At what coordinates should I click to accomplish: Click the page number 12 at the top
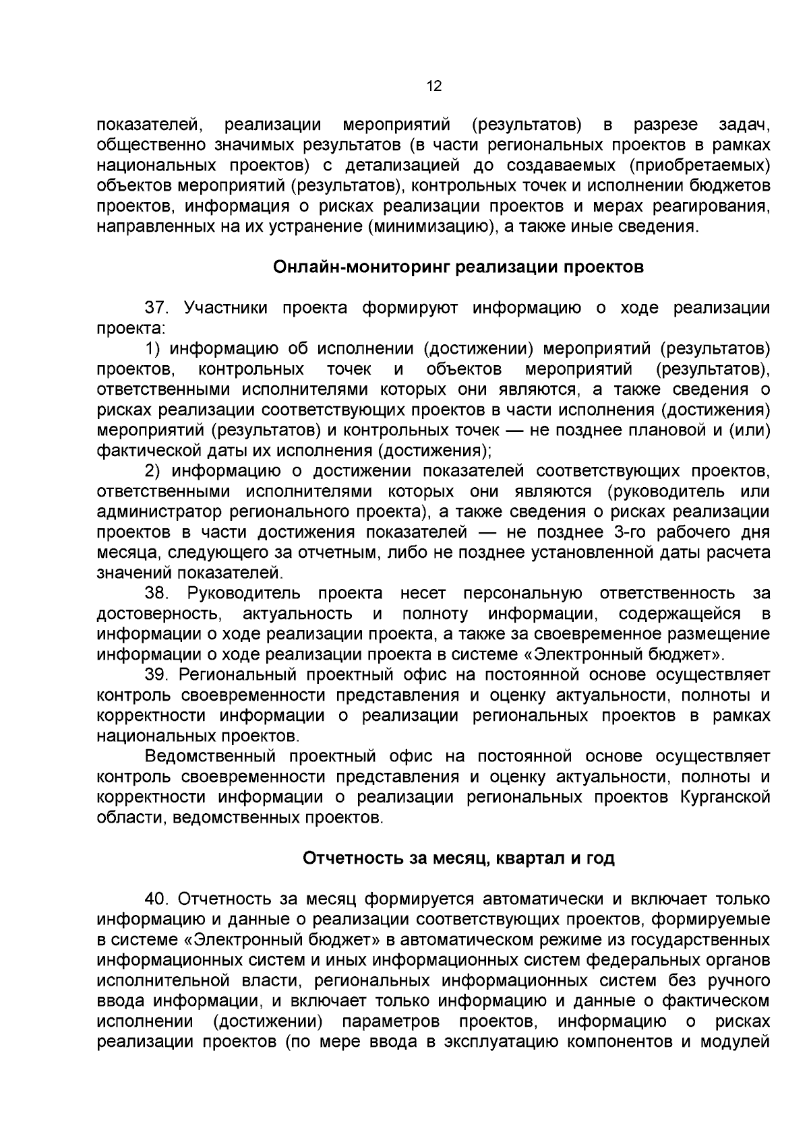(x=433, y=86)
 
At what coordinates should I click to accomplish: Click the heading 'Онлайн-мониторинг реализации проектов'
(x=458, y=267)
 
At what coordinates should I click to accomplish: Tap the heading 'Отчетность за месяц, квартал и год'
(x=458, y=859)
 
